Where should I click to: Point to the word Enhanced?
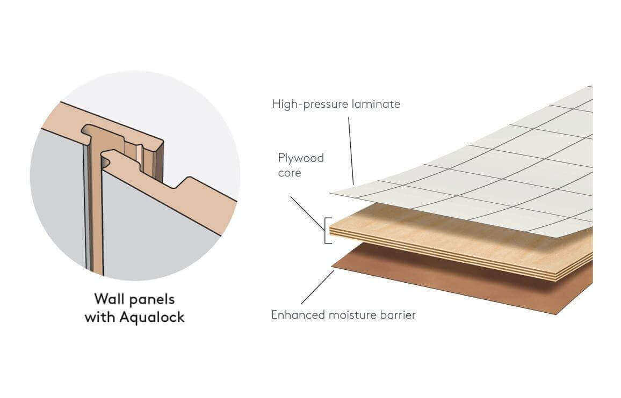tap(295, 315)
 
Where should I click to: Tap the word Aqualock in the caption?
tap(152, 317)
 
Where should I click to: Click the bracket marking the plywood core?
tap(326, 230)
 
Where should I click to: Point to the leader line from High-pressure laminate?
tap(351, 150)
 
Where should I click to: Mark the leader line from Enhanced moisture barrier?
tap(317, 288)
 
